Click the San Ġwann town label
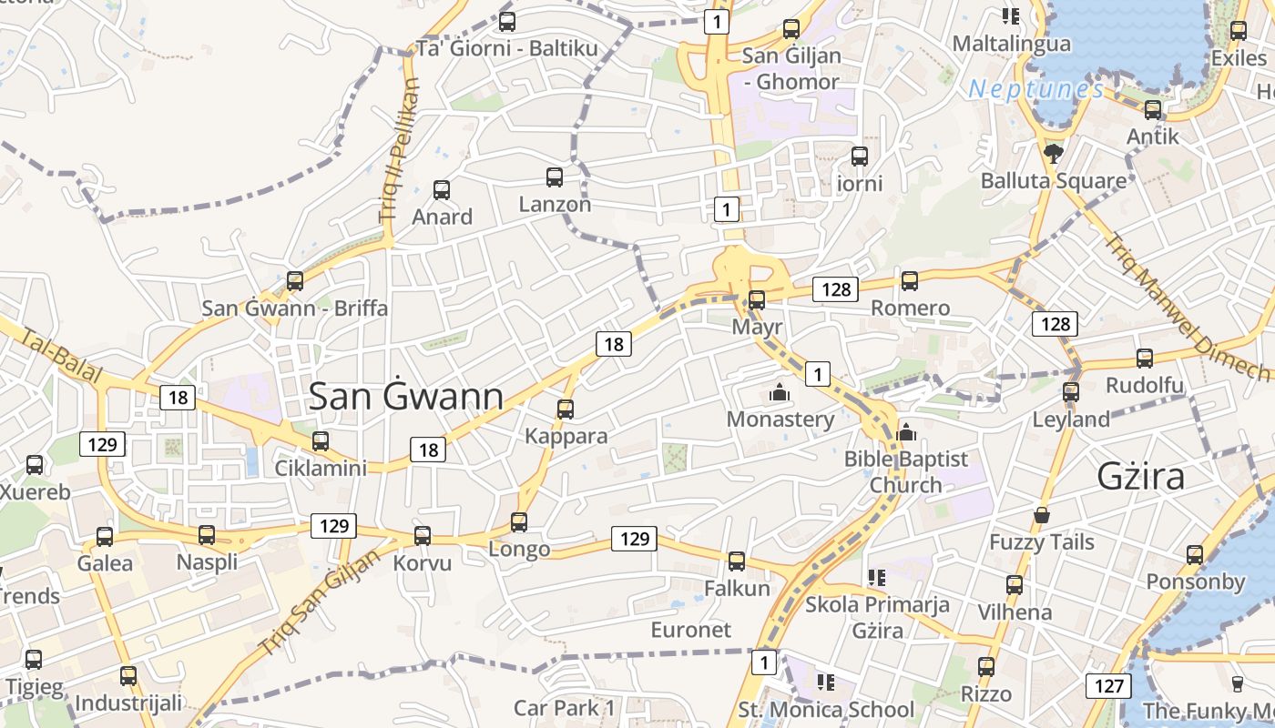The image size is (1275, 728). click(406, 397)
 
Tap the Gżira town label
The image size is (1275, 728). click(1141, 477)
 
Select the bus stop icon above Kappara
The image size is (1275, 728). click(566, 409)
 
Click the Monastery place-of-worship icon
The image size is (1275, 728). click(780, 393)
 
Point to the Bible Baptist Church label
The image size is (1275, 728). click(905, 471)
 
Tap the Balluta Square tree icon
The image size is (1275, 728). click(1054, 153)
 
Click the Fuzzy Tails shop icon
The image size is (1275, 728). click(1042, 516)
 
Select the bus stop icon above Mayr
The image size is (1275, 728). click(757, 299)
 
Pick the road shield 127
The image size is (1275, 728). click(1109, 685)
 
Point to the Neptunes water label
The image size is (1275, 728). click(1036, 89)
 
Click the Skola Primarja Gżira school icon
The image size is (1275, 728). click(877, 577)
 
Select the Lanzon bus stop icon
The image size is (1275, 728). click(555, 177)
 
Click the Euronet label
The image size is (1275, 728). click(690, 630)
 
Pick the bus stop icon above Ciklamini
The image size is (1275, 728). click(321, 441)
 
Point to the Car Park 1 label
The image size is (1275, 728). click(565, 708)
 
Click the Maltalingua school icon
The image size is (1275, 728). click(1010, 15)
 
